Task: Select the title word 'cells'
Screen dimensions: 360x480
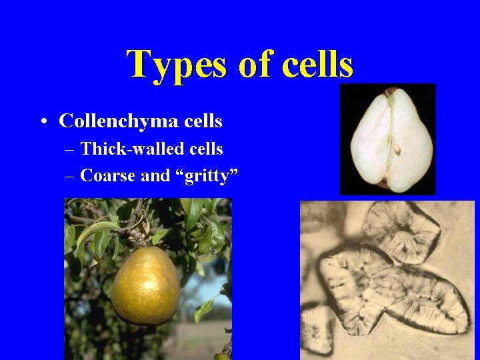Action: coord(317,65)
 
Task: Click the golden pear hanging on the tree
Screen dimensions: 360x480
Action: coord(145,286)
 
